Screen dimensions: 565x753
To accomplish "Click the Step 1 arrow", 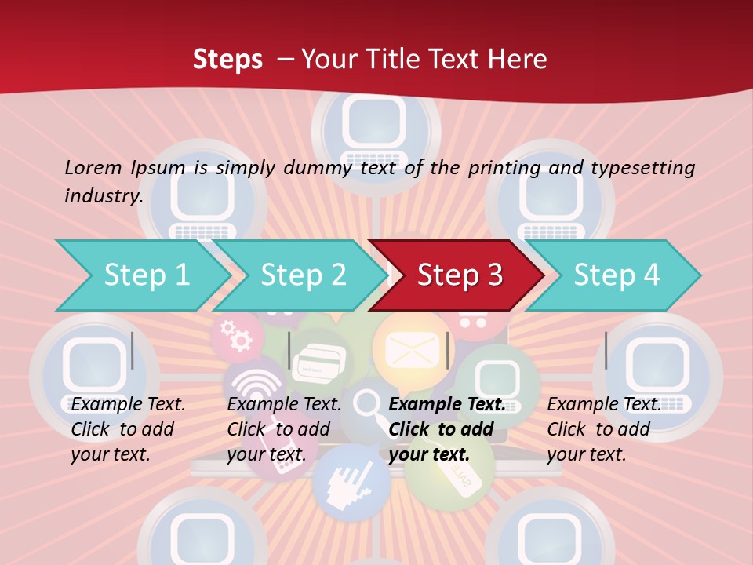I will point(146,275).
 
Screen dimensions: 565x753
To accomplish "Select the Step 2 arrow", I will point(303,275).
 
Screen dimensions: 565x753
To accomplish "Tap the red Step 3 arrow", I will point(460,275).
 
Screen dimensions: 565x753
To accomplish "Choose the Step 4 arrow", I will point(617,275).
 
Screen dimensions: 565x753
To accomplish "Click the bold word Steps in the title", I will point(227,59).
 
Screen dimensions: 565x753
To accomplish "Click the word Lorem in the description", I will point(93,167).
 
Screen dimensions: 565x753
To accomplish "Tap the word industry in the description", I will point(104,195).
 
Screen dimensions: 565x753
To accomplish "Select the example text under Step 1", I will point(128,429).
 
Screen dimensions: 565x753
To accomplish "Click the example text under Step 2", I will point(284,429).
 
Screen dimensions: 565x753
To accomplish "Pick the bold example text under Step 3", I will point(446,429).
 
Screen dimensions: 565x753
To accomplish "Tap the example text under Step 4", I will point(603,429).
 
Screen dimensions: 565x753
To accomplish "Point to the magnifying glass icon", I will point(367,406).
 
